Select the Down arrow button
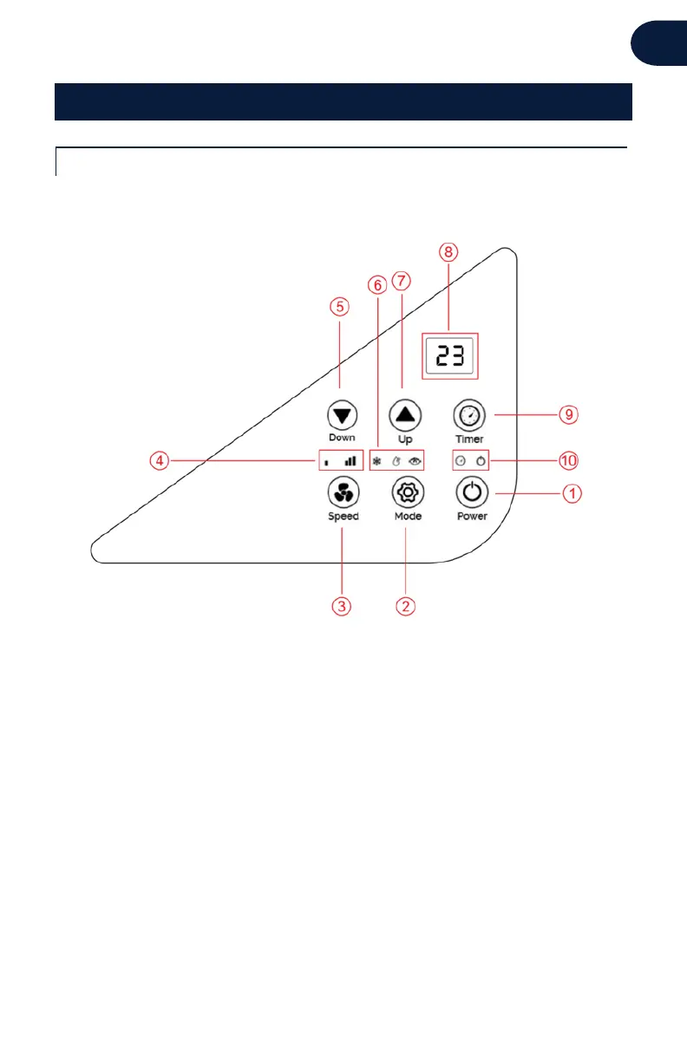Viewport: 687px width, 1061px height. pos(341,415)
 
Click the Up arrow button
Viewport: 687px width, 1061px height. pos(405,414)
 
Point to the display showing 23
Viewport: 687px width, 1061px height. pos(450,355)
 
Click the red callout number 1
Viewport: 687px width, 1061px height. pos(571,494)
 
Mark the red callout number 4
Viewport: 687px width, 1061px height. pos(157,461)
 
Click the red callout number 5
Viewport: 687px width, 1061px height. pos(340,306)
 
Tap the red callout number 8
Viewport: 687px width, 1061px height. pos(448,252)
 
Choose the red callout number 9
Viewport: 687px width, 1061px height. pos(567,415)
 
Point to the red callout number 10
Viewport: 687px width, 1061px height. pos(569,459)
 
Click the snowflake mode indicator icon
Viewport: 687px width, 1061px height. pos(377,461)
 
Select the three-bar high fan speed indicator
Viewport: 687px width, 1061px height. pos(350,461)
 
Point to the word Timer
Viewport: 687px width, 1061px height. pos(470,439)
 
